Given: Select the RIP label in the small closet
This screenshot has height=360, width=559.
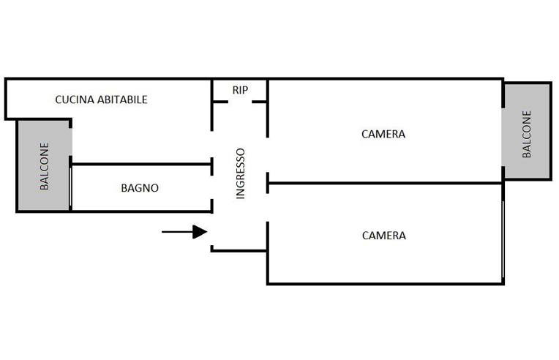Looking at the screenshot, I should [240, 90].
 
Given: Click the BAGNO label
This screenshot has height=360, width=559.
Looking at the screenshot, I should [139, 188].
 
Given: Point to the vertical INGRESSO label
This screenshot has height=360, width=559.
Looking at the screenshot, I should [241, 173].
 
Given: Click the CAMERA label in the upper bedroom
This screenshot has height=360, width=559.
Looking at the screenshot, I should [383, 134].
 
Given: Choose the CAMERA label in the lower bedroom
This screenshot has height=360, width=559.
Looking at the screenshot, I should [383, 236].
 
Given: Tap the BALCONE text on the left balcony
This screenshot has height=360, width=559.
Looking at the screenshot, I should [44, 166].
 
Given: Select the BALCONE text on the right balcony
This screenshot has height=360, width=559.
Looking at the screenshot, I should [526, 134].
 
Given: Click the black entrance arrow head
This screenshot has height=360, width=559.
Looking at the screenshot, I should [200, 232].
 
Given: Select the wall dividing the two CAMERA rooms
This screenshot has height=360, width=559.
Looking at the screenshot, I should [385, 183].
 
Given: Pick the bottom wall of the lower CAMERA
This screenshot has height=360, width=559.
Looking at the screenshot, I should [385, 283].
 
